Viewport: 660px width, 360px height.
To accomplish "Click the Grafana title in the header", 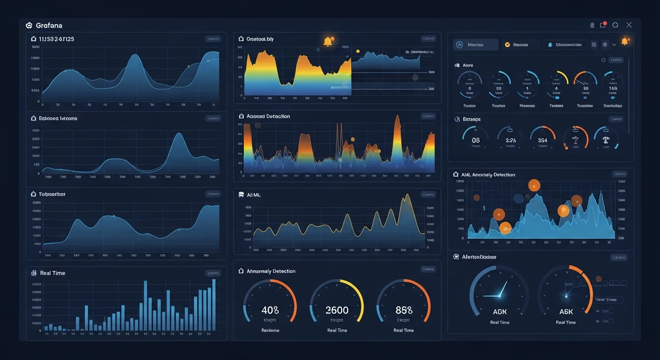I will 49,25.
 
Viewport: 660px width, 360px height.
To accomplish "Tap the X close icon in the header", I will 629,25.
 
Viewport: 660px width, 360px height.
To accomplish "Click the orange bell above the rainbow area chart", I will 328,41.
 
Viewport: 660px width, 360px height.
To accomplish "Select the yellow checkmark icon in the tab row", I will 507,45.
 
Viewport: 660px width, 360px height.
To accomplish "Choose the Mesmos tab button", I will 476,45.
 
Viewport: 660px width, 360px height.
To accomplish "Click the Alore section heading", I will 467,65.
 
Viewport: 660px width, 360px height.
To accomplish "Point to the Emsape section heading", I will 472,119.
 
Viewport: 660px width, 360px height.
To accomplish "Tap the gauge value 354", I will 542,140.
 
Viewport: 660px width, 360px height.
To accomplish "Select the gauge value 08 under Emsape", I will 476,140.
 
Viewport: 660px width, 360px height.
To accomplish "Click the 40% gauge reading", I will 270,310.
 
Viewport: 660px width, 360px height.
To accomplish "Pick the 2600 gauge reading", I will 337,310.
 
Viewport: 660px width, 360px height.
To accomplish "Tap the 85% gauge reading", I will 404,310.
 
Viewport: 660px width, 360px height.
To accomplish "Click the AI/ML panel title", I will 254,195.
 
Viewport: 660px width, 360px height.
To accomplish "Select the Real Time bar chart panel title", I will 52,273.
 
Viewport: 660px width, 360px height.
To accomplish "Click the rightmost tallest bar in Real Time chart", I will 214,305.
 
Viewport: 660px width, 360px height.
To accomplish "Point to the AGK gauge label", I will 500,312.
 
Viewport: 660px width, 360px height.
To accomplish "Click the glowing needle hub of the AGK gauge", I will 499,295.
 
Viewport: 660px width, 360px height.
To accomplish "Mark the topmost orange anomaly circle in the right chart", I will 534,185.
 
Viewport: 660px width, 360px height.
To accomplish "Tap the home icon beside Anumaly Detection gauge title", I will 241,271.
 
